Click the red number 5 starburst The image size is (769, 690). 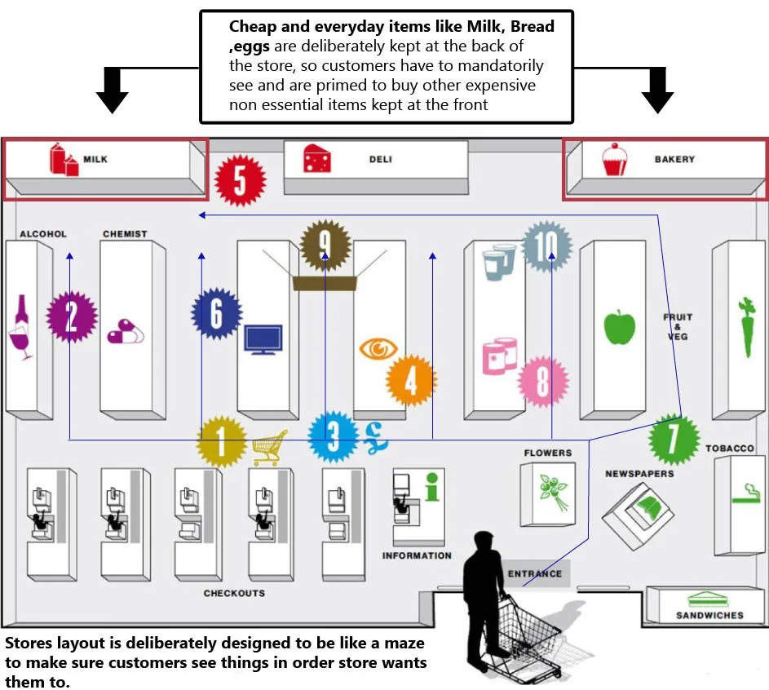[x=241, y=180]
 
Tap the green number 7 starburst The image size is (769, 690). [x=674, y=440]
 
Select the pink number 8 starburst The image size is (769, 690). [x=543, y=382]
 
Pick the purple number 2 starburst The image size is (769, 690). [x=72, y=316]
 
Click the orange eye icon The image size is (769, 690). [x=378, y=348]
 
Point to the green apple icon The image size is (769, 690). [x=620, y=326]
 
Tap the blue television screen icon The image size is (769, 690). [x=263, y=338]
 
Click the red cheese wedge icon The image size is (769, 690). [x=317, y=158]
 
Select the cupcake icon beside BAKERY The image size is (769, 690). [x=615, y=159]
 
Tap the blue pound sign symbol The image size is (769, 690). [x=377, y=438]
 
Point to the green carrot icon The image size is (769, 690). [x=747, y=326]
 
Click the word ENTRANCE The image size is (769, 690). [x=535, y=573]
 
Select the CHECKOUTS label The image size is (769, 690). [x=234, y=594]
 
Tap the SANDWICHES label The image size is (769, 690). [x=709, y=616]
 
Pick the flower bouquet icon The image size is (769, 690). [x=553, y=492]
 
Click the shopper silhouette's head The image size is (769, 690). [x=485, y=544]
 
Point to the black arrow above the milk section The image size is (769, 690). [x=113, y=91]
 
